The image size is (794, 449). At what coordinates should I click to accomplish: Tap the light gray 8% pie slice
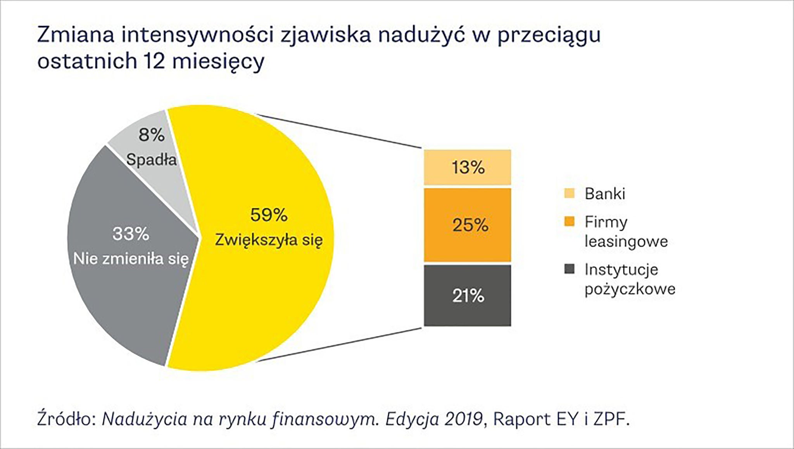click(163, 182)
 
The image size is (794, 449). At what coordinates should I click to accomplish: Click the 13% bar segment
click(467, 167)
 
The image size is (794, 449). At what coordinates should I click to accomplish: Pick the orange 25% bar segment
click(467, 225)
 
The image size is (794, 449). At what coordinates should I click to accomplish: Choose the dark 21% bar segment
click(467, 296)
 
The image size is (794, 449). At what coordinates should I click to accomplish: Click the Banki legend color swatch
click(569, 193)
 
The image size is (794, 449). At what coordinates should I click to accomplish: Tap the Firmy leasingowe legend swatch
click(569, 222)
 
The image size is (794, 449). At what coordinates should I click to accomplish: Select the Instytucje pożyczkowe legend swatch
click(569, 269)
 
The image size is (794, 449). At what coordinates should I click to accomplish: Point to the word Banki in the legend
click(605, 193)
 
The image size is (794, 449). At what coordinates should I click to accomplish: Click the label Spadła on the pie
click(152, 160)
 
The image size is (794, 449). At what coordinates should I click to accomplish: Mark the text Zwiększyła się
click(269, 240)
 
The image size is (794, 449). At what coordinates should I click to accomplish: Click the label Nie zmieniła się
click(131, 259)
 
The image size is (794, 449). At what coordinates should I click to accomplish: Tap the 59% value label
click(269, 215)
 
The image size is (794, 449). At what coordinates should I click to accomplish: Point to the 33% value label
click(131, 234)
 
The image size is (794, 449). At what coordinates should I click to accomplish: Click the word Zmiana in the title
click(76, 35)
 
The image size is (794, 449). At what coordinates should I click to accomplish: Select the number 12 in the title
click(154, 61)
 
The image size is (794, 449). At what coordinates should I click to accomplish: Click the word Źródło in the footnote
click(66, 419)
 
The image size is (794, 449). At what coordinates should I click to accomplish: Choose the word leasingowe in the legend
click(626, 241)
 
